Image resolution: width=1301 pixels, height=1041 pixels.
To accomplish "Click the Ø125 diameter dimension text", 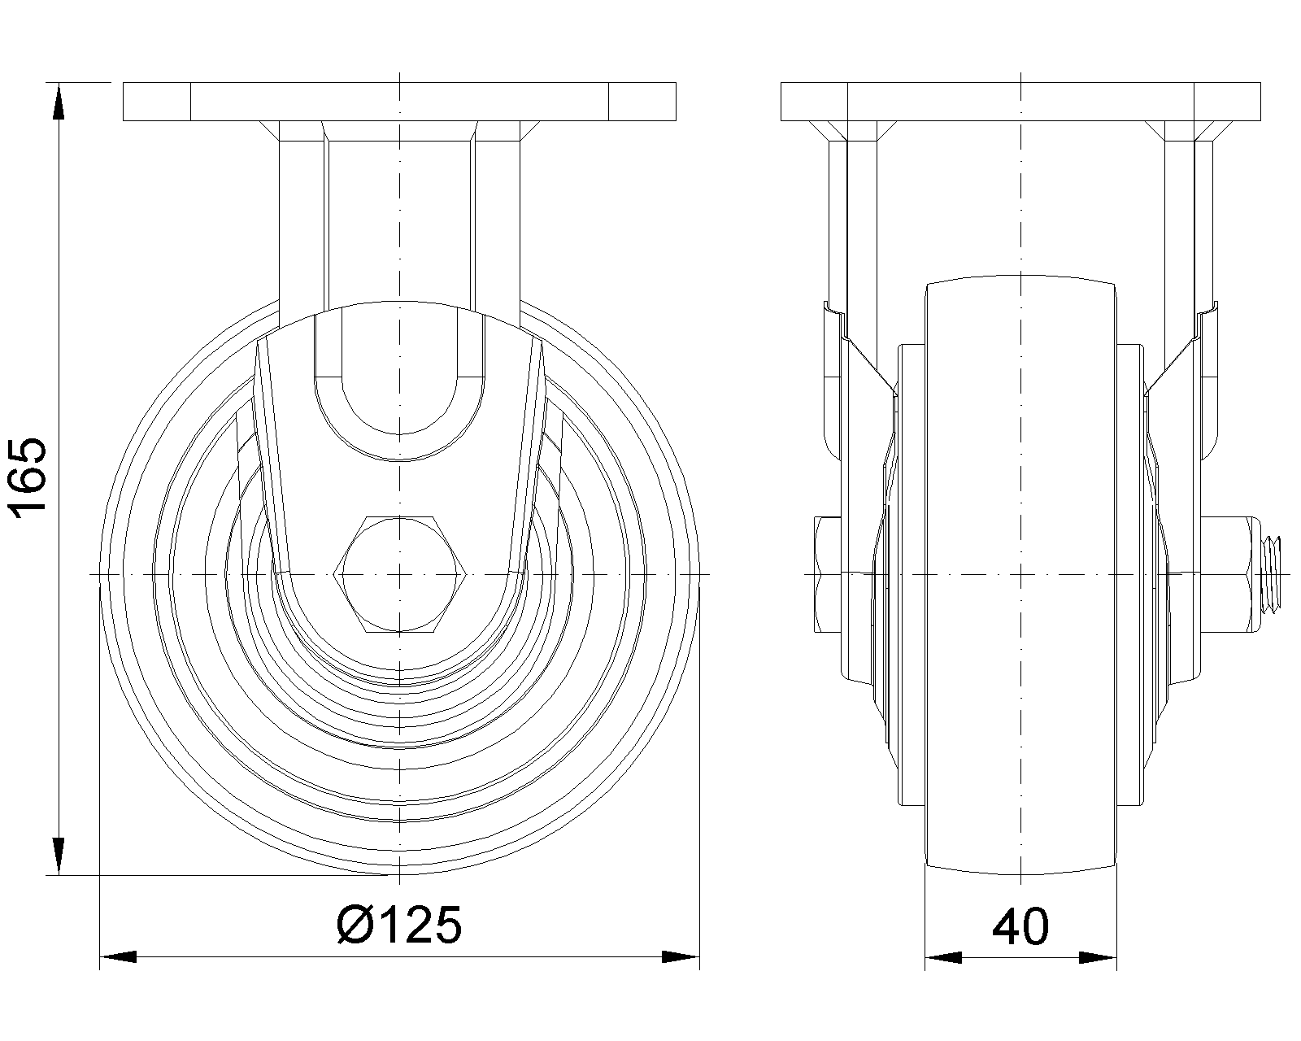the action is [x=399, y=925].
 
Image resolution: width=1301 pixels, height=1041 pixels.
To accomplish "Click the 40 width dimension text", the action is [x=1020, y=926].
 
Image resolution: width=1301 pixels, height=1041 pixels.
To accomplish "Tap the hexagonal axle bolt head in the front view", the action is [x=399, y=575].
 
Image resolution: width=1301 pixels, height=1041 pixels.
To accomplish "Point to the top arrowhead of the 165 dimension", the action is [x=59, y=102].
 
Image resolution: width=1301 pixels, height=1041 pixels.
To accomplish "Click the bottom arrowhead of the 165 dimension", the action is [x=59, y=856].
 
